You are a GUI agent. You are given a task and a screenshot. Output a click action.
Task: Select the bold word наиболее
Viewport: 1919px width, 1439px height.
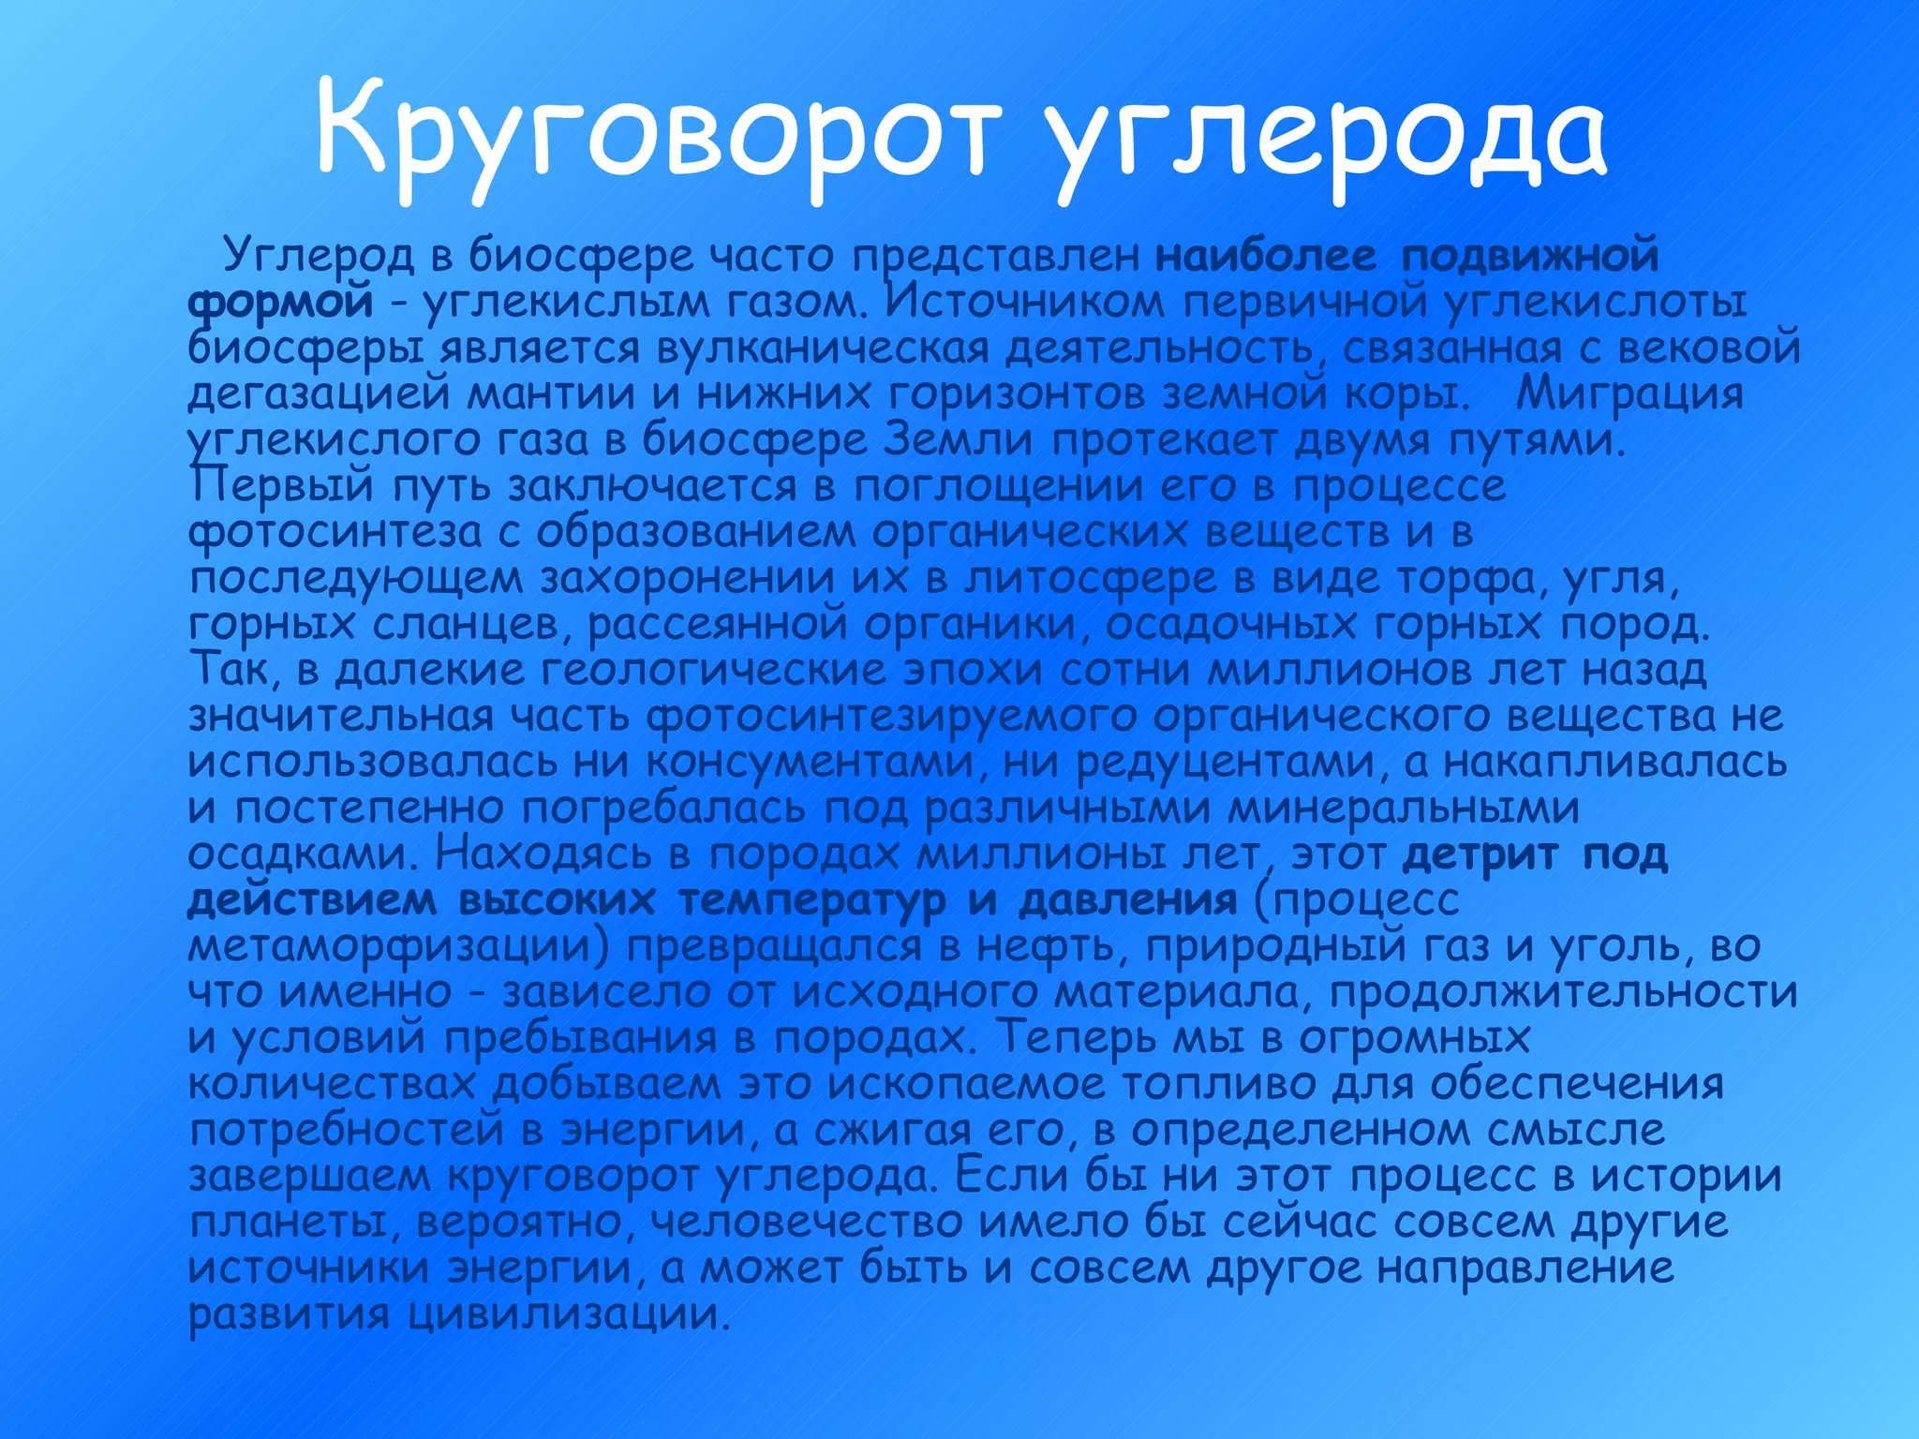point(1266,255)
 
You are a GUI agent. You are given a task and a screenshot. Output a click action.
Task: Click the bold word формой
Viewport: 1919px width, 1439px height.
point(280,302)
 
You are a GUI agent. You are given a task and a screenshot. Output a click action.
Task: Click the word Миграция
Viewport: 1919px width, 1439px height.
point(1629,393)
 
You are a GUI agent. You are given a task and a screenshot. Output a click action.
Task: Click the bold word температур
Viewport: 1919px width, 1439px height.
point(811,900)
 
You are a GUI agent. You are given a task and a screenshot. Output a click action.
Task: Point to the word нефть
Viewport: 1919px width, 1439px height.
point(1049,946)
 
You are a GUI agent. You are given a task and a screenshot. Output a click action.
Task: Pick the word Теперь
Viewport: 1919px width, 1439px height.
point(1068,1037)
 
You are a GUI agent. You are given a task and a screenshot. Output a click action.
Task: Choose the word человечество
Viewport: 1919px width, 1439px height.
point(806,1222)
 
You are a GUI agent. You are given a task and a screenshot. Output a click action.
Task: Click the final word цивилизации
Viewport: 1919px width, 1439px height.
point(568,1314)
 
